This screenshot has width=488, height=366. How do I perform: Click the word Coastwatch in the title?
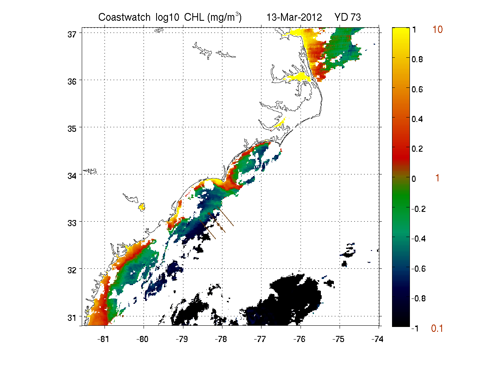pyautogui.click(x=124, y=17)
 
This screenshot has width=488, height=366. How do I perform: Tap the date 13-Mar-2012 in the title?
pyautogui.click(x=294, y=17)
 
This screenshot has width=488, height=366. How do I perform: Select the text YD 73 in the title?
pyautogui.click(x=347, y=17)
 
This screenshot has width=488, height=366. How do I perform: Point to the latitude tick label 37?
pyautogui.click(x=72, y=35)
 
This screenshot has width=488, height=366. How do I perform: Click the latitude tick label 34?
pyautogui.click(x=72, y=176)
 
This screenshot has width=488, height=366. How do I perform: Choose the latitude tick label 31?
pyautogui.click(x=72, y=318)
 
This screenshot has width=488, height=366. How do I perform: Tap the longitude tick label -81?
pyautogui.click(x=103, y=339)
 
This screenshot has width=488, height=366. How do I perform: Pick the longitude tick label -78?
pyautogui.click(x=221, y=339)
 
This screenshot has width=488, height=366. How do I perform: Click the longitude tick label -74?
pyautogui.click(x=377, y=339)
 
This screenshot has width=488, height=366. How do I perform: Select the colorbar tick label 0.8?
pyautogui.click(x=417, y=59)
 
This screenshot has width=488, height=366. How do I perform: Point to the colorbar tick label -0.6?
pyautogui.click(x=418, y=269)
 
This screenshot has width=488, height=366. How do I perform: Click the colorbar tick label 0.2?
pyautogui.click(x=417, y=149)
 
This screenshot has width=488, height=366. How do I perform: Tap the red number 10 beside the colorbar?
pyautogui.click(x=437, y=30)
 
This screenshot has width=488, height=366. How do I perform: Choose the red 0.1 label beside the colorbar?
pyautogui.click(x=437, y=329)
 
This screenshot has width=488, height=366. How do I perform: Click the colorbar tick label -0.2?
pyautogui.click(x=418, y=209)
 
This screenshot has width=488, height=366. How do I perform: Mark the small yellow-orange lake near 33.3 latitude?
pyautogui.click(x=142, y=207)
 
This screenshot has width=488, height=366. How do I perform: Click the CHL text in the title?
pyautogui.click(x=194, y=17)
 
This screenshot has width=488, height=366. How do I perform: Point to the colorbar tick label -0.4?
pyautogui.click(x=418, y=239)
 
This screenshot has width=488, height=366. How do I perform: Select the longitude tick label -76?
pyautogui.click(x=299, y=339)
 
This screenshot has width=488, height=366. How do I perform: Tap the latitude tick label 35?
pyautogui.click(x=72, y=129)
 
